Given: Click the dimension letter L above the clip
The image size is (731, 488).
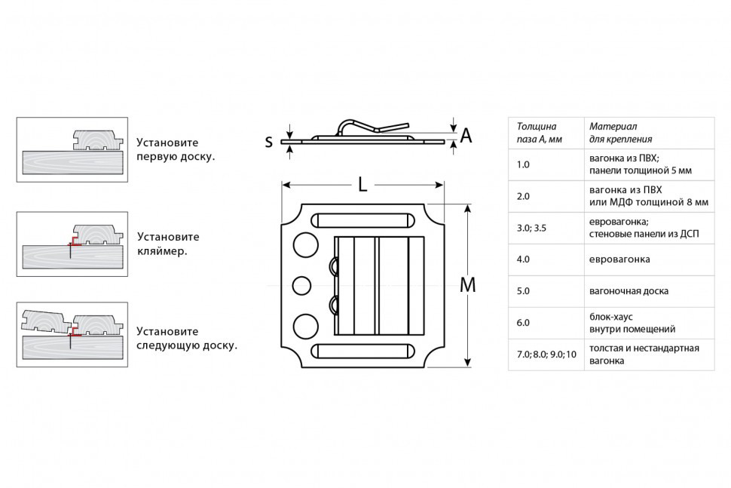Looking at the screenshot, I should point(362,183).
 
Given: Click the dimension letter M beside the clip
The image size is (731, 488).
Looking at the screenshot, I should point(467,285).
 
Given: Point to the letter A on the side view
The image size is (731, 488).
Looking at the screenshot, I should point(466,136).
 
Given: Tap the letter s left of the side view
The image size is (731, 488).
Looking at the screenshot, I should point(268,141).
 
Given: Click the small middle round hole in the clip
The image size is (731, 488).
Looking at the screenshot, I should point(301,285).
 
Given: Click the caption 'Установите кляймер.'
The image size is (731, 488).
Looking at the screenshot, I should point(167,243).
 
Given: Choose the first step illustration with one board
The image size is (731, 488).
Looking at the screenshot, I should point(72,149).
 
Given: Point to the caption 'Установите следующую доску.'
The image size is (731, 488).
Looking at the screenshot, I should point(187,338).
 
